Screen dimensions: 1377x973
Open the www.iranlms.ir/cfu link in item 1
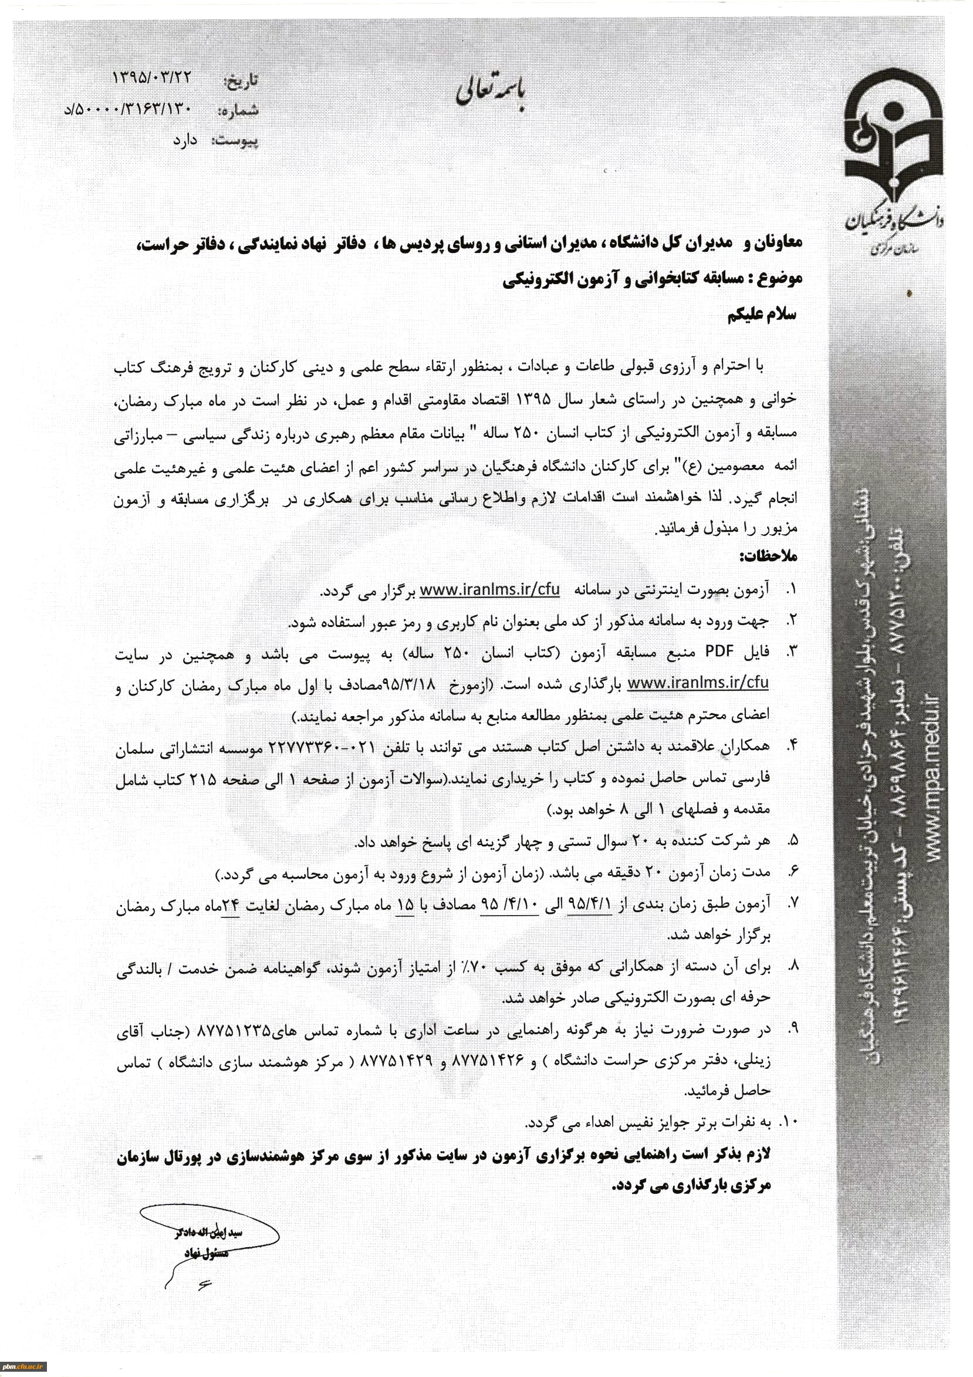(x=489, y=590)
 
